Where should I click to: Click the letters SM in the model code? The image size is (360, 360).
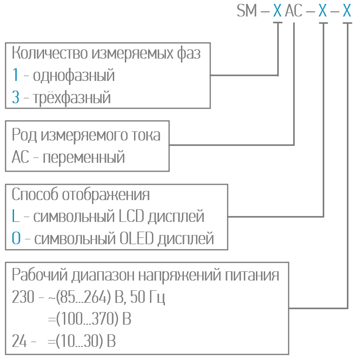[x=247, y=11]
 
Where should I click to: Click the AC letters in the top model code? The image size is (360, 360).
[x=294, y=11]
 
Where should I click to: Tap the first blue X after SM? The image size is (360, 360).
[x=277, y=11]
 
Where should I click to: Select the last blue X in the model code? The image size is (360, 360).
[x=347, y=11]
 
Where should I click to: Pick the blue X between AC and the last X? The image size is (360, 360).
[x=323, y=11]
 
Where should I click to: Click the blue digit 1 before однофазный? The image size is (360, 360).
[x=15, y=76]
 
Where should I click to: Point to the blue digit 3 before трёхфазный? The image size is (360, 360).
[x=16, y=97]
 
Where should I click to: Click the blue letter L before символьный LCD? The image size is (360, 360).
[x=15, y=216]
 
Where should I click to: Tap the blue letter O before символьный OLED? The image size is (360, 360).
[x=16, y=238]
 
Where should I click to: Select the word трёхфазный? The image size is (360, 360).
[x=72, y=98]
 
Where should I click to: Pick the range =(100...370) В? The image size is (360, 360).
[x=90, y=319]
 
